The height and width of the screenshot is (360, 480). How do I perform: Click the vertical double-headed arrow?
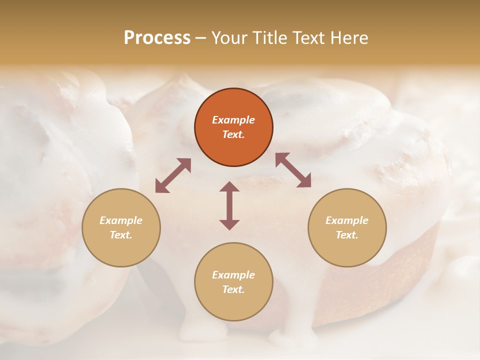coord(229,205)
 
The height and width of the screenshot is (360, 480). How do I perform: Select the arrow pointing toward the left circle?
coord(173,175)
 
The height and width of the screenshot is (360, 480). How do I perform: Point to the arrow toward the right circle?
coord(293,170)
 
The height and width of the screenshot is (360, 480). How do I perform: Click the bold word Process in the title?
coord(157,38)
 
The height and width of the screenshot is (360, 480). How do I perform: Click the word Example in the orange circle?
coord(233,120)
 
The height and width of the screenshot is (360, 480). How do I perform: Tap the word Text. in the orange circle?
coord(233,134)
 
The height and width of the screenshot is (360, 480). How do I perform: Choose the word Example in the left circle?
coord(121,220)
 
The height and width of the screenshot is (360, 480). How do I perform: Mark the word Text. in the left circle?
coord(121,235)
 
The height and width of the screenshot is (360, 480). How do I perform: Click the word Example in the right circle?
coord(347,220)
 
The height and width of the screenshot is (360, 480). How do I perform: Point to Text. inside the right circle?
coord(347,235)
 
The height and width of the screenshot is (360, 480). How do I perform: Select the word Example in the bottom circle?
coord(233,275)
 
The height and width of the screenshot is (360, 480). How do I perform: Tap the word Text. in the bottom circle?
coord(233,289)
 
